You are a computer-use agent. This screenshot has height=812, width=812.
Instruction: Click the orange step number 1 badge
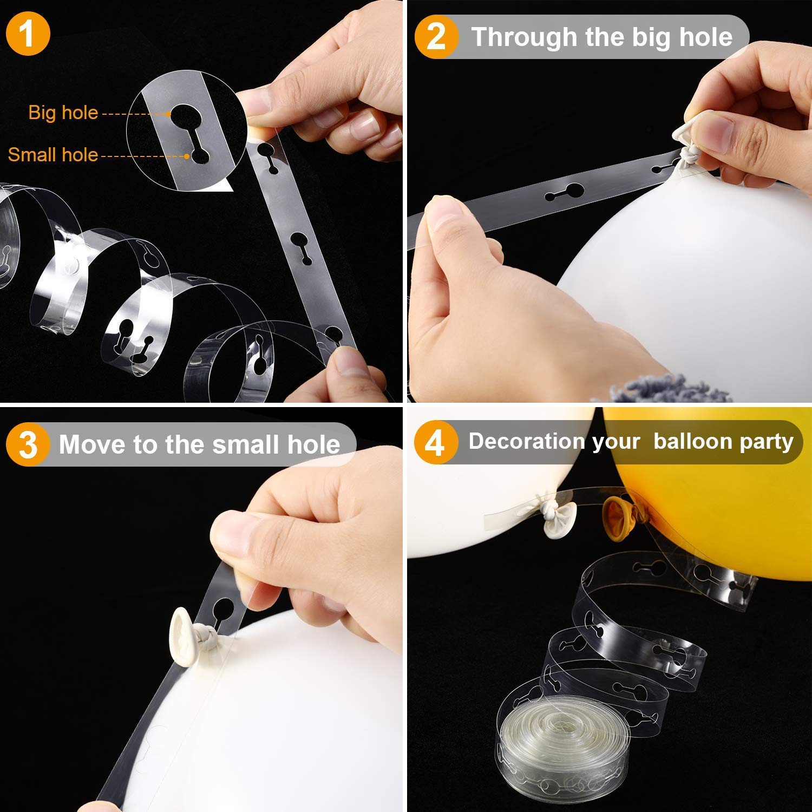click(x=27, y=34)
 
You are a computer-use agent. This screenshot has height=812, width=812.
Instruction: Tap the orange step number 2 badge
click(x=436, y=37)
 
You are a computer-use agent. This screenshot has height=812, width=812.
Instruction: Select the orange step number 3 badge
click(x=28, y=444)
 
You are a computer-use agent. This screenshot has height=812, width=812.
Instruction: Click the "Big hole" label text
click(x=63, y=113)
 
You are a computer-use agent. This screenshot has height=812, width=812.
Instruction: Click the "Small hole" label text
click(x=53, y=155)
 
